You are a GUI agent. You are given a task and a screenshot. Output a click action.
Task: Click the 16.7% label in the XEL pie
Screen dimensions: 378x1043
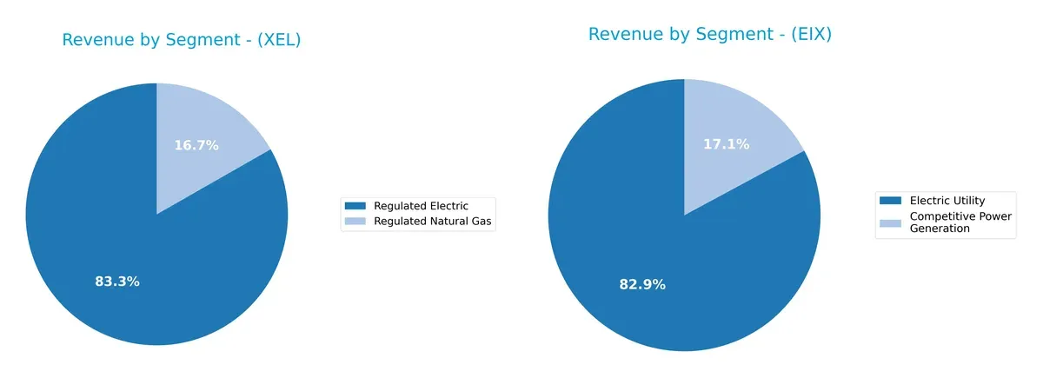196,145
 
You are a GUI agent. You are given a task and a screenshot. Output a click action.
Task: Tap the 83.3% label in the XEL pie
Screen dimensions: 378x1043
117,282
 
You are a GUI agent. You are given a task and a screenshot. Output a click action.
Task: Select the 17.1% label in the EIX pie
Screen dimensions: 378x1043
727,144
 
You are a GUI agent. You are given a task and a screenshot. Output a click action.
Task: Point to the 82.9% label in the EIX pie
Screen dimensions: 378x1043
642,284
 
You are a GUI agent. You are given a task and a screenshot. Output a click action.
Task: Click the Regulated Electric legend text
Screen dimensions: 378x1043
421,206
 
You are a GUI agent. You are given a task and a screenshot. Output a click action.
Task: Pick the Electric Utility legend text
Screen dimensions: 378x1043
947,201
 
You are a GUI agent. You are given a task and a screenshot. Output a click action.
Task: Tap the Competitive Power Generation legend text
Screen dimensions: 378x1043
960,222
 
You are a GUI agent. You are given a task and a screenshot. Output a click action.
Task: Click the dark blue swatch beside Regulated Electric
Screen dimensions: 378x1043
355,206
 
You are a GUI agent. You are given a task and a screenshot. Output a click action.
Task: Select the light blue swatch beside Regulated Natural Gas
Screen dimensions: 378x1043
355,222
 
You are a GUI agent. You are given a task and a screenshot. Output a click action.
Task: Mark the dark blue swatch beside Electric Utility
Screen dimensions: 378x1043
891,201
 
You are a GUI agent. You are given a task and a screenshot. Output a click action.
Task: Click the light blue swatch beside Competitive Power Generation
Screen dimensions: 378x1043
891,222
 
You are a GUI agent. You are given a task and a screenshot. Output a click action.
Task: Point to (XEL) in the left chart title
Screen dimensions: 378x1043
278,40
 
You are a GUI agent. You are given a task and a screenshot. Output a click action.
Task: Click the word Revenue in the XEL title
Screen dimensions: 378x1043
95,40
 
